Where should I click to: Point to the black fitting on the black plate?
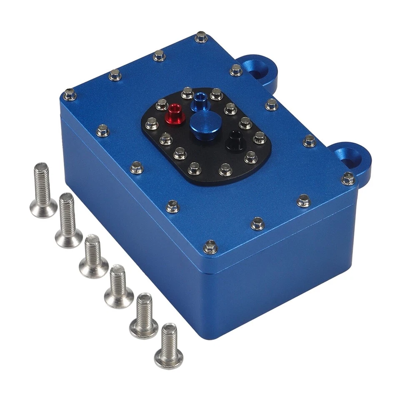tap(234, 141)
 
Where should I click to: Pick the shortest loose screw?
tap(168, 345)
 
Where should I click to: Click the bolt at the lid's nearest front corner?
tap(210, 247)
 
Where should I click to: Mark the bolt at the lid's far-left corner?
tap(70, 95)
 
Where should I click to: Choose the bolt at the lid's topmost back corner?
tap(201, 37)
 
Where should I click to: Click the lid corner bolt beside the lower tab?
tap(348, 178)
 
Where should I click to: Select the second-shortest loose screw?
tap(144, 315)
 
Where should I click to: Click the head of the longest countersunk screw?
tap(43, 208)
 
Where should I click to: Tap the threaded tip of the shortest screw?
tap(168, 329)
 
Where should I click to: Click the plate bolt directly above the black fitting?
tap(245, 123)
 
